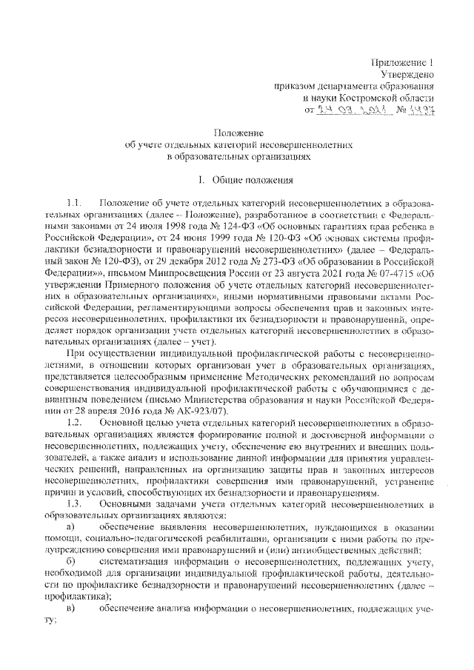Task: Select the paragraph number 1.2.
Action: [76, 421]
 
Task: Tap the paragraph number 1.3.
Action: [76, 504]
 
